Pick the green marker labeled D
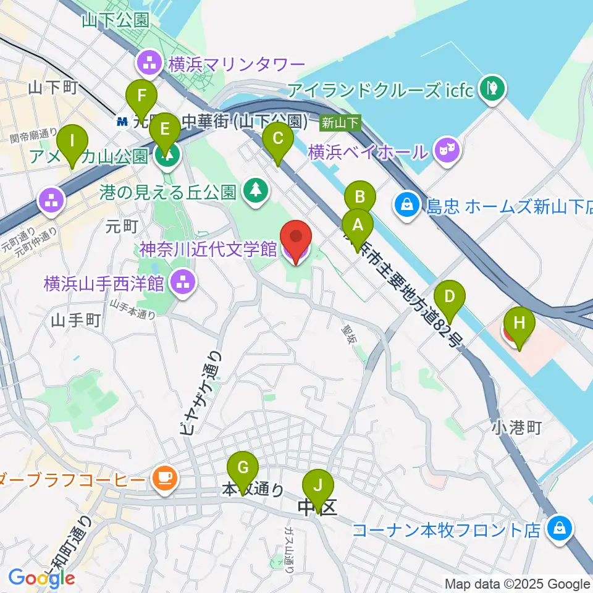[450, 297]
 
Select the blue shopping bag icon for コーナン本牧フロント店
[559, 529]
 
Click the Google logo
[42, 578]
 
